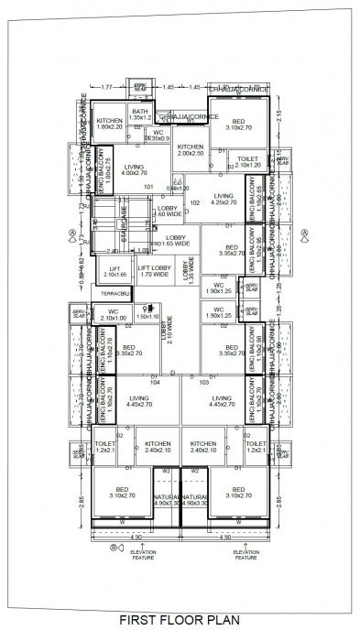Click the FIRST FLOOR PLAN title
click(179, 620)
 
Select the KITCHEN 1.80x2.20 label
click(109, 124)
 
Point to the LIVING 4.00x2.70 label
click(134, 169)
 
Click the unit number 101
click(149, 188)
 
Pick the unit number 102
click(194, 202)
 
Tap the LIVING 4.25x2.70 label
click(224, 199)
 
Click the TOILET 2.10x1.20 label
click(249, 161)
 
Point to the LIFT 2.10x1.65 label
click(115, 271)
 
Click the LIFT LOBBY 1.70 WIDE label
click(153, 271)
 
